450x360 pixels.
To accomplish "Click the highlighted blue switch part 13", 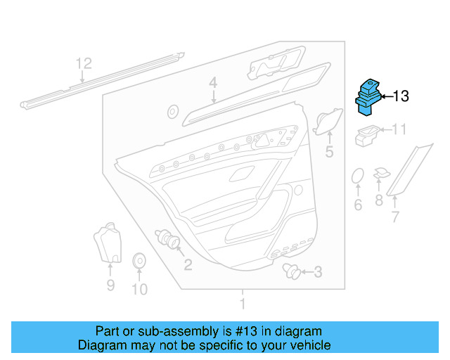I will pyautogui.click(x=368, y=96).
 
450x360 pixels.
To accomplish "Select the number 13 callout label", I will pyautogui.click(x=400, y=96).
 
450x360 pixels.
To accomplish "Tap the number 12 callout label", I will pyautogui.click(x=84, y=64).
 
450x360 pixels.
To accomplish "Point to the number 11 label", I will pyautogui.click(x=399, y=129).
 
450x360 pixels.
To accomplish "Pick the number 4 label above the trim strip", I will pyautogui.click(x=213, y=84).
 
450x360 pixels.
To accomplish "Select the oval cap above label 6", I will pyautogui.click(x=357, y=176).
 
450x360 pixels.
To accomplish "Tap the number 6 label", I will pyautogui.click(x=357, y=205).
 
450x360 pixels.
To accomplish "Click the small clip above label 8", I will pyautogui.click(x=380, y=173).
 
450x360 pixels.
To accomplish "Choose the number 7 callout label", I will pyautogui.click(x=394, y=217).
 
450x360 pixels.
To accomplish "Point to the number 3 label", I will pyautogui.click(x=318, y=272).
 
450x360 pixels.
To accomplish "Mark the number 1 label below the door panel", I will pyautogui.click(x=243, y=304).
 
